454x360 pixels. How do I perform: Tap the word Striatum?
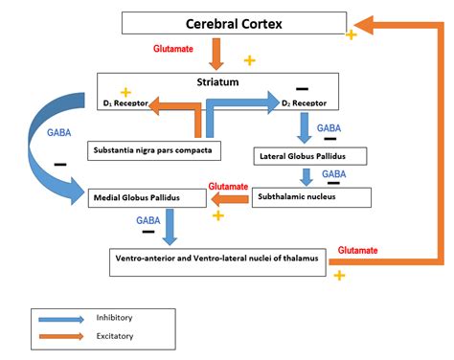tap(217, 82)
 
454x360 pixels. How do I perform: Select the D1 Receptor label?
tap(125, 103)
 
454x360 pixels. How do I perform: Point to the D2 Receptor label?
tap(304, 103)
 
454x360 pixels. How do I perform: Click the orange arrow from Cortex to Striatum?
tap(216, 54)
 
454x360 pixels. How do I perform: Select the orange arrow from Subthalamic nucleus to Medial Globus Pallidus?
tap(230, 200)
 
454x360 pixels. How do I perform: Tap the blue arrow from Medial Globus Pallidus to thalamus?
tap(170, 227)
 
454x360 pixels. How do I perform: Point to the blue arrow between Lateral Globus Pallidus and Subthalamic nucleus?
tap(306, 177)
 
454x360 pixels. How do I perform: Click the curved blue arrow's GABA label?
tap(59, 132)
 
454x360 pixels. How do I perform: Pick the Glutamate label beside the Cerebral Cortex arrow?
tap(173, 49)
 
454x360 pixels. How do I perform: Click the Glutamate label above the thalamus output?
tap(357, 250)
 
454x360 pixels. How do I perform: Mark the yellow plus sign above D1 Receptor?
tap(125, 93)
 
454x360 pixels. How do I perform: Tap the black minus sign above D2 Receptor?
tap(302, 89)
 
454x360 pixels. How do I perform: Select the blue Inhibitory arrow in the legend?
tap(61, 319)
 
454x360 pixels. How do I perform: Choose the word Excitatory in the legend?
tap(115, 336)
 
